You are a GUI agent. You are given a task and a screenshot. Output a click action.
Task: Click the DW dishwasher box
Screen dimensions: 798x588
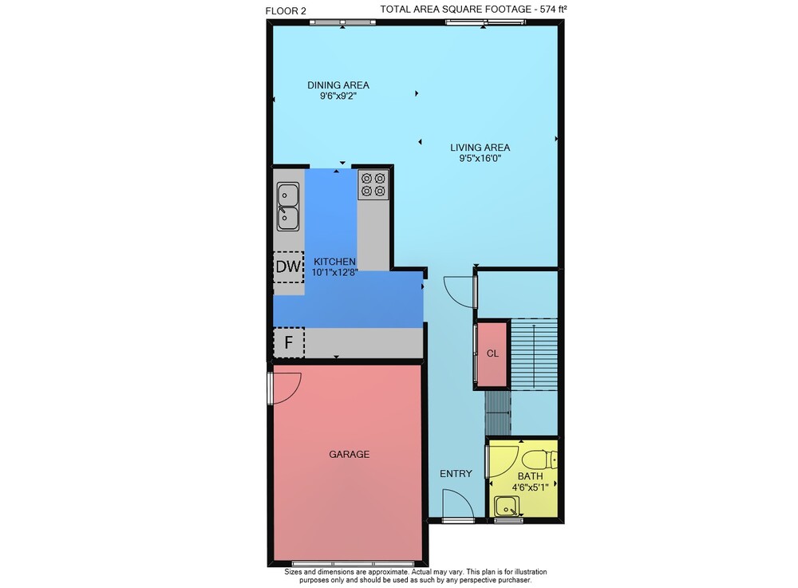tap(289, 267)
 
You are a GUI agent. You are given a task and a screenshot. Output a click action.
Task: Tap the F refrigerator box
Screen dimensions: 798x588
tap(289, 342)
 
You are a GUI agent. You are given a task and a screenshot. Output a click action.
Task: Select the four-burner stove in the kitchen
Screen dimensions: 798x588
tap(373, 184)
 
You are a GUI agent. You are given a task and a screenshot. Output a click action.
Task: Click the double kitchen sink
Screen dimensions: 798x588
tap(288, 207)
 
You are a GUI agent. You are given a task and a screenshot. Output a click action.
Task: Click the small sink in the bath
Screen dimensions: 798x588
tap(507, 507)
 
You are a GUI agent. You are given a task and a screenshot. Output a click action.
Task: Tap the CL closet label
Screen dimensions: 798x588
tap(492, 353)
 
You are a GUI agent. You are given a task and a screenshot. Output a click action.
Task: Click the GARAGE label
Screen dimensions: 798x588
tap(350, 454)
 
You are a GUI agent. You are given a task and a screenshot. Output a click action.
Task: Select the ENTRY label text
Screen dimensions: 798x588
tap(456, 474)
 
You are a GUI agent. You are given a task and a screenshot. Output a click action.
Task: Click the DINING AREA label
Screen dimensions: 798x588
tap(338, 85)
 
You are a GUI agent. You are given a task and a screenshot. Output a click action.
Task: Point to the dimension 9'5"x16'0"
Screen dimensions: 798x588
tap(480, 158)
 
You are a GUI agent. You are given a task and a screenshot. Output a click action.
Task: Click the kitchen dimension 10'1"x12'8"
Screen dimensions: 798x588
tap(335, 272)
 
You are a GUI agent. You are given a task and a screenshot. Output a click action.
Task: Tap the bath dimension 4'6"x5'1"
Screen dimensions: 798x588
tap(530, 487)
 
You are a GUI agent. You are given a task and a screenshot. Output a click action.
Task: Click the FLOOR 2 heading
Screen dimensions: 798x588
tap(286, 10)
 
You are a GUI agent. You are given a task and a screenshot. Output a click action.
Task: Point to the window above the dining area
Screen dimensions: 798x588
tap(342, 22)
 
